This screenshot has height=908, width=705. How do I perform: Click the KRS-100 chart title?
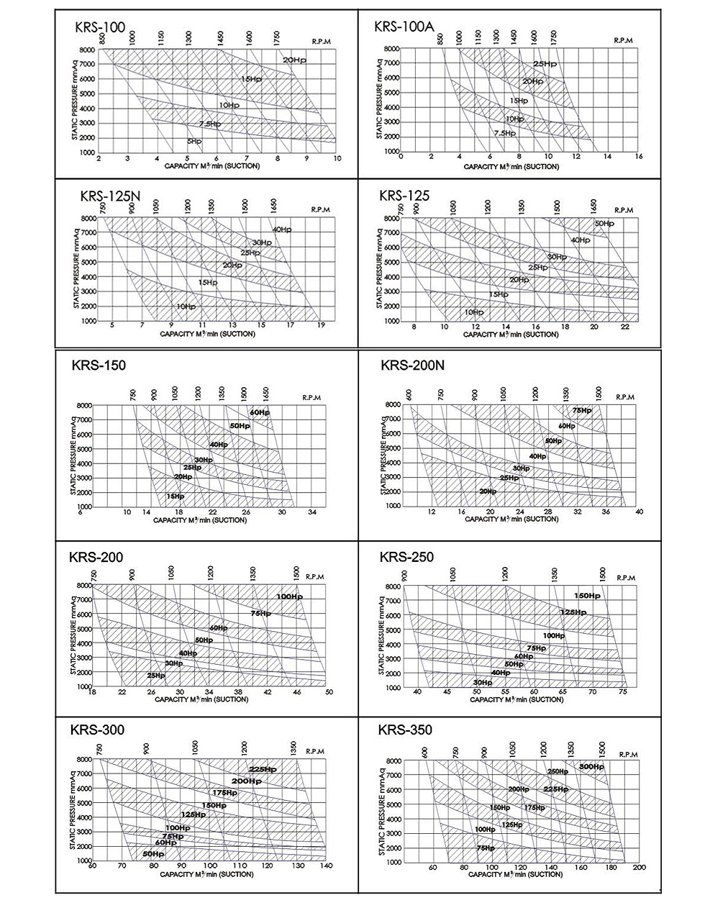[x=100, y=28]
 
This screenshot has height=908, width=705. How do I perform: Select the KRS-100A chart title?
[x=404, y=27]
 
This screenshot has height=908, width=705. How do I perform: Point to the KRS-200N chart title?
[x=412, y=366]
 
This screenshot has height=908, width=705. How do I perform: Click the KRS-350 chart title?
[x=405, y=730]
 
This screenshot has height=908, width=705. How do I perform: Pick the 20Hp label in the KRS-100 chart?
[x=294, y=60]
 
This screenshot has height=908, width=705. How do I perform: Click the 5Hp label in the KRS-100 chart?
[x=194, y=141]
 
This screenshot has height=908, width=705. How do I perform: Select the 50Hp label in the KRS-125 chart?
[x=604, y=224]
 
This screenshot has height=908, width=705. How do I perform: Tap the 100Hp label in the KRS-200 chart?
[x=288, y=596]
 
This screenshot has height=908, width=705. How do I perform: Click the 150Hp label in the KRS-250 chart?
[x=586, y=596]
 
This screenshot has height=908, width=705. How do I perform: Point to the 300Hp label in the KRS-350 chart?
[x=591, y=767]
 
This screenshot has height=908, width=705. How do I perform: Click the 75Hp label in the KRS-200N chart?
[x=581, y=410]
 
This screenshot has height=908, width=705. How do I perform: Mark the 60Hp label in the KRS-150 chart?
[x=260, y=412]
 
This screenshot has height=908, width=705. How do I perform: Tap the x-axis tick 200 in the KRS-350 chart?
[x=639, y=867]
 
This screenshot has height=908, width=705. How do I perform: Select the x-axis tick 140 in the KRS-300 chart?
[x=325, y=866]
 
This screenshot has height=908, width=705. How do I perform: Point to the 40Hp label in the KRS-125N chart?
[x=282, y=230]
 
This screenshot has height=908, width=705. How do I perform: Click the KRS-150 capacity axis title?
[x=200, y=520]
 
